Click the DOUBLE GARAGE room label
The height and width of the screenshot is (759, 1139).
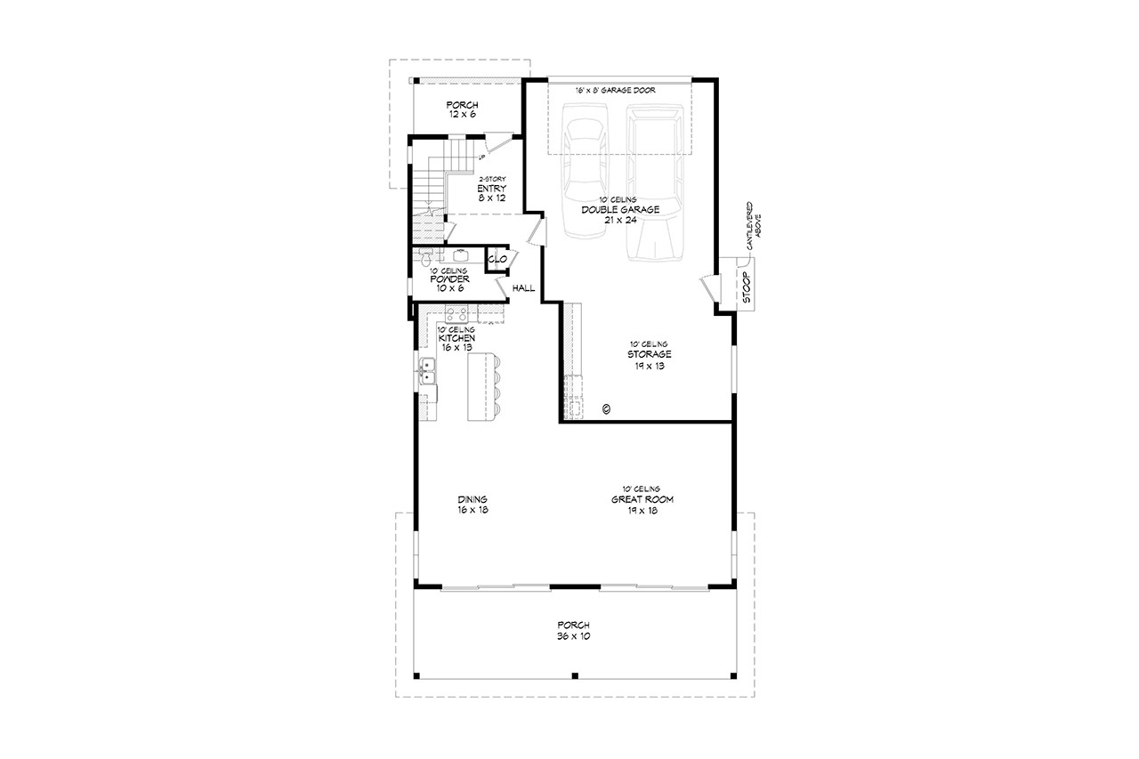[x=633, y=209]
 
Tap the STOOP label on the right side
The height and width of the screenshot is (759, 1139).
[x=746, y=288]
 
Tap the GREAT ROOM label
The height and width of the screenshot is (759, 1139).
[x=642, y=499]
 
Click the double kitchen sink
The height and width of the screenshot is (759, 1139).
[x=428, y=370]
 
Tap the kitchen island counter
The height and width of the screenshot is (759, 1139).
[x=479, y=387]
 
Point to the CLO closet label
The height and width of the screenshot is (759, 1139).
[x=497, y=259]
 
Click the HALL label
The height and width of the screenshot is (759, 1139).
[x=523, y=288]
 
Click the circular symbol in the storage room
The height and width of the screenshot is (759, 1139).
[x=605, y=408]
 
